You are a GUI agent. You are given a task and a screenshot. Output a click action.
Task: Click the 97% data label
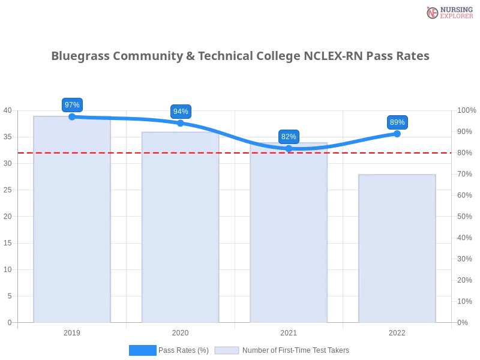coord(72,105)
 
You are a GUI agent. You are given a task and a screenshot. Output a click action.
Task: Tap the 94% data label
coord(180,111)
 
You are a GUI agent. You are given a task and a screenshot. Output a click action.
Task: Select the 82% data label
coord(289,137)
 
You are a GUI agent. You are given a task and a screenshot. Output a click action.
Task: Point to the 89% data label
coord(397,122)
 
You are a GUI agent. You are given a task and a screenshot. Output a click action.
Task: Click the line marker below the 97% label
coord(72,116)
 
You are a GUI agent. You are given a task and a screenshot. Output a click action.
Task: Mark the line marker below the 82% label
coord(289,148)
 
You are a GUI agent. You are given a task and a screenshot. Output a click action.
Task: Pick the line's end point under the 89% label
coord(397,134)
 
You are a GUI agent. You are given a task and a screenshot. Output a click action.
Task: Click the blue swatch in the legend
coord(143,350)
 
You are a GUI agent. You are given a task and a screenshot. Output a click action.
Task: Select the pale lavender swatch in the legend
coord(227,350)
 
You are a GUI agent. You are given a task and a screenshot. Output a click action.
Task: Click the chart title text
coord(240,56)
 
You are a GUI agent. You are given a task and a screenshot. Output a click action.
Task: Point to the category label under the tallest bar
coord(72,331)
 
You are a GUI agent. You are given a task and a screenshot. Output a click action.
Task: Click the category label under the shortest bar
coord(396,331)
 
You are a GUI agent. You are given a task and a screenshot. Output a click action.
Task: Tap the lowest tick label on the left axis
coord(9,322)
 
